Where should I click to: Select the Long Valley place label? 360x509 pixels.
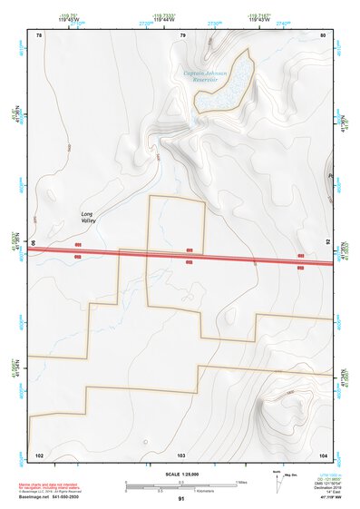[x=87, y=218]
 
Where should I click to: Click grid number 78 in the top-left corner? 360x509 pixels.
[x=39, y=35]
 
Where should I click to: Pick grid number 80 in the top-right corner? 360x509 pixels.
[x=323, y=35]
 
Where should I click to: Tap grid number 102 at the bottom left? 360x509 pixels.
[x=39, y=453]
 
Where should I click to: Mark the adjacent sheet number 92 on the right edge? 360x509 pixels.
[x=329, y=243]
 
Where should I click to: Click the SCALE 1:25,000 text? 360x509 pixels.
[x=181, y=475]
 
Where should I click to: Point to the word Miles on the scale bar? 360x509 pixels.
[x=242, y=481]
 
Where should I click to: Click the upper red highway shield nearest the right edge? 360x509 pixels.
[x=300, y=257]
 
